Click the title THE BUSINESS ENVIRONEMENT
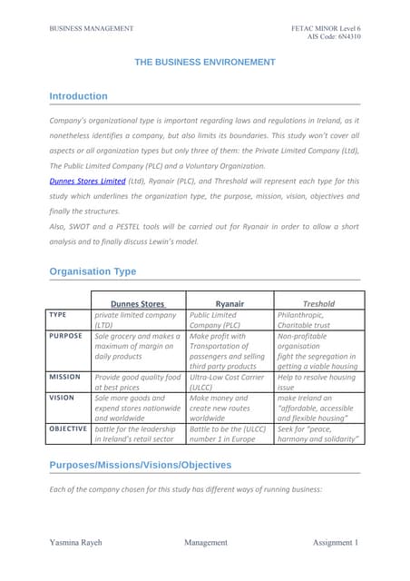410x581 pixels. click(205, 62)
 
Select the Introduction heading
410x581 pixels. click(78, 96)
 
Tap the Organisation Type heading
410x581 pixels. click(93, 271)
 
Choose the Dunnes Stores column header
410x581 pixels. click(137, 303)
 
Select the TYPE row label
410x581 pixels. click(58, 315)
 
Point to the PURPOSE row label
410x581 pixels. click(66, 336)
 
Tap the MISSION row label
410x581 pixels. click(65, 376)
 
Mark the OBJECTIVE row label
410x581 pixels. click(68, 428)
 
